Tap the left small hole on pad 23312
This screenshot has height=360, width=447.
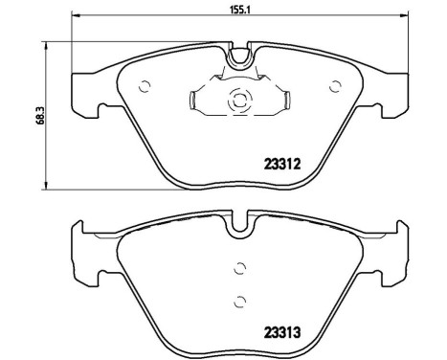145,86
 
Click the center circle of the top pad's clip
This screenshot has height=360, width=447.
239,98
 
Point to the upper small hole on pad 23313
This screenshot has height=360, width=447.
239,271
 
